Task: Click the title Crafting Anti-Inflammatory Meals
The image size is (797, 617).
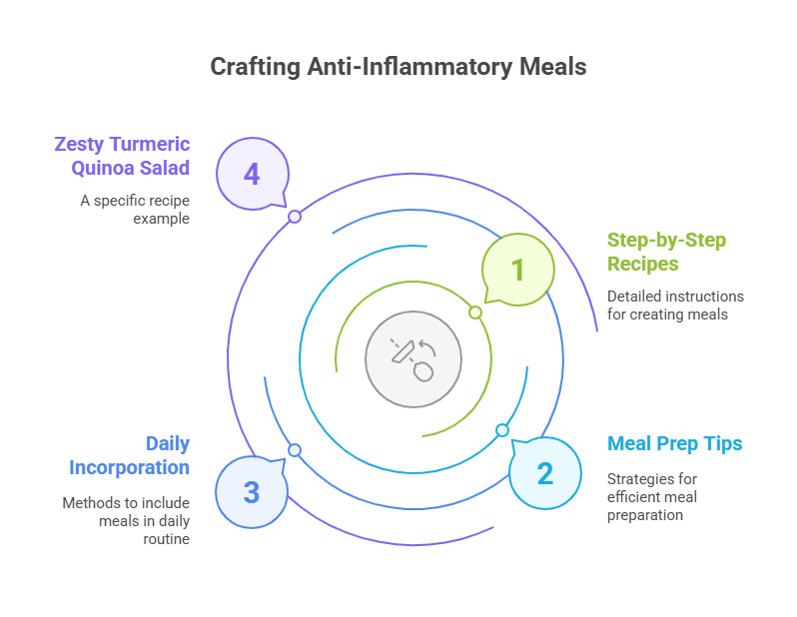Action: tap(398, 67)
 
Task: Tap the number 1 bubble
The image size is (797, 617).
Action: tap(517, 269)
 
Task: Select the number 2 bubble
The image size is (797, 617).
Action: tap(544, 472)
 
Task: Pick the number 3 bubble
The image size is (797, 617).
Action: tap(252, 491)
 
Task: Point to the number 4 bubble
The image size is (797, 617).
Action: tap(252, 174)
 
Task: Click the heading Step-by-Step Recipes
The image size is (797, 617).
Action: tap(666, 252)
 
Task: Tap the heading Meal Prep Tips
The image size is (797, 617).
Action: tap(675, 443)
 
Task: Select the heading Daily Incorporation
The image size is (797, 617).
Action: tap(130, 455)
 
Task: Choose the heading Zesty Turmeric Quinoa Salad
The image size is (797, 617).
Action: tap(122, 156)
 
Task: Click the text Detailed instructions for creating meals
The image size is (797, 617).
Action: tap(675, 306)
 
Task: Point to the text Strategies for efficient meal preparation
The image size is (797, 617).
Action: tap(653, 497)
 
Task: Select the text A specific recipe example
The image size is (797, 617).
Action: tap(135, 209)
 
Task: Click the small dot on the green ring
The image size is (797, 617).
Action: tap(475, 312)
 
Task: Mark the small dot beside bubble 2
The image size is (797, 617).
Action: tap(502, 430)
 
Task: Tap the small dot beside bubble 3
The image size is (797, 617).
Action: tap(295, 450)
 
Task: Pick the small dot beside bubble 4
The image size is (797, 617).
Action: tap(295, 216)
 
